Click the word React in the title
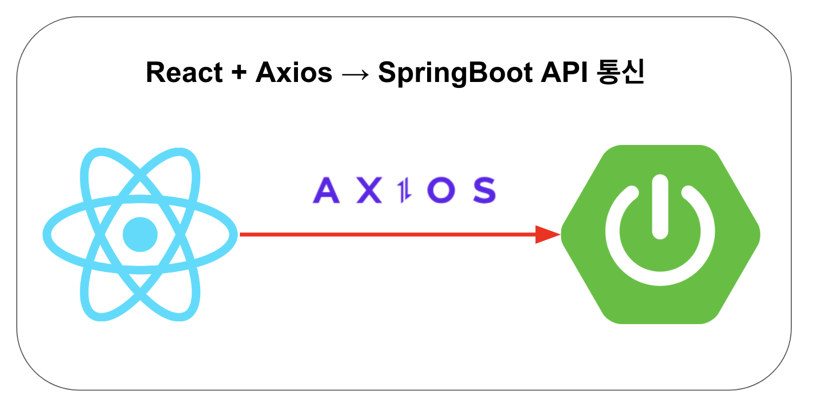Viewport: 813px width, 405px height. [184, 73]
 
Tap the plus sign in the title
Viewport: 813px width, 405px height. [238, 73]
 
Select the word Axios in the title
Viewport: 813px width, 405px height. [294, 73]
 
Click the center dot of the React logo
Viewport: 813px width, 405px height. [140, 235]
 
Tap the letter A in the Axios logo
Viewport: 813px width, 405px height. [326, 191]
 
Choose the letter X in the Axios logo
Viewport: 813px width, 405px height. [369, 191]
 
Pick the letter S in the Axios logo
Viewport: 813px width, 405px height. [482, 191]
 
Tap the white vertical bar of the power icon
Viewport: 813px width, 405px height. [660, 207]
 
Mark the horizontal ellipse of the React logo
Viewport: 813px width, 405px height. [54, 235]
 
